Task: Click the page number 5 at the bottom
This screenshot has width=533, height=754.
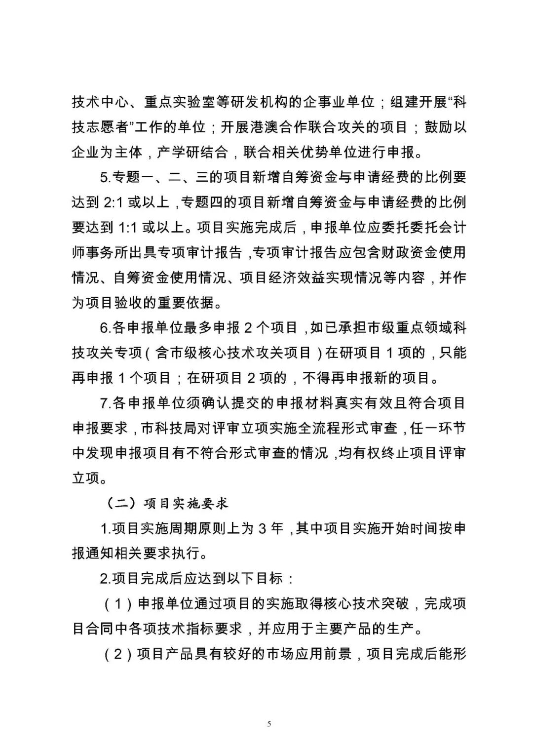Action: pyautogui.click(x=269, y=724)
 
